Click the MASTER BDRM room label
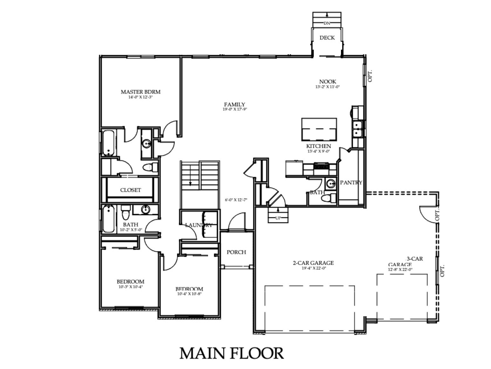tap(140, 92)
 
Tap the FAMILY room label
tap(235, 104)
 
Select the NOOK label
tap(328, 82)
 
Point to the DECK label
tap(327, 38)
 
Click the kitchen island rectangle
tap(319, 129)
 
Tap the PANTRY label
tap(351, 183)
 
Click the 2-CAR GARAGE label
tap(313, 263)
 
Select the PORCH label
tap(236, 252)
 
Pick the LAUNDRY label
tap(199, 225)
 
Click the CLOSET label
tap(130, 190)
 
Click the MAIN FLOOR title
tap(231, 353)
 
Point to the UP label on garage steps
tap(278, 218)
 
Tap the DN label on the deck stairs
tap(327, 23)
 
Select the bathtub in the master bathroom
tap(108, 143)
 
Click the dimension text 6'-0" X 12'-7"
tap(236, 200)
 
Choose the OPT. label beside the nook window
tap(370, 76)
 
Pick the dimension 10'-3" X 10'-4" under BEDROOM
tap(130, 287)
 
